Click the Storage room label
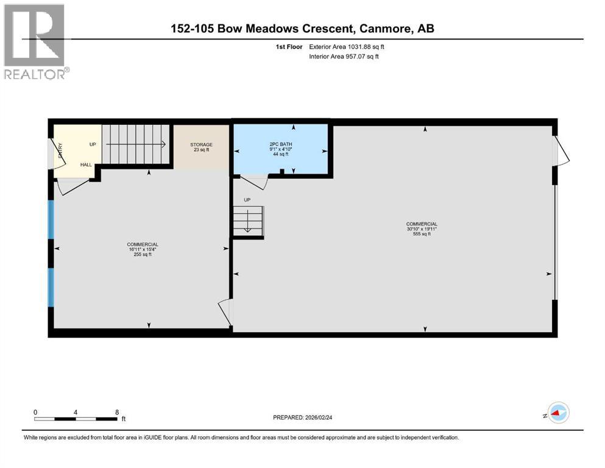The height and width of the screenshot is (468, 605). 200,147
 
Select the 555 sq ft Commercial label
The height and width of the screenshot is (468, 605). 422,229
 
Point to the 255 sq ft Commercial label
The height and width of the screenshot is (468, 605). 143,249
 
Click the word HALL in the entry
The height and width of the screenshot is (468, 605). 87,165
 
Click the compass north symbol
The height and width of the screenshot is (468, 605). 557,413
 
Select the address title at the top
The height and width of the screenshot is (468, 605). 302,29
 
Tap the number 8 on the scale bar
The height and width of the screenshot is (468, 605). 116,412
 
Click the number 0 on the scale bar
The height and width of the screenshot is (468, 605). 36,412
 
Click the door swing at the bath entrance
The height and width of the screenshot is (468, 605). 254,181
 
